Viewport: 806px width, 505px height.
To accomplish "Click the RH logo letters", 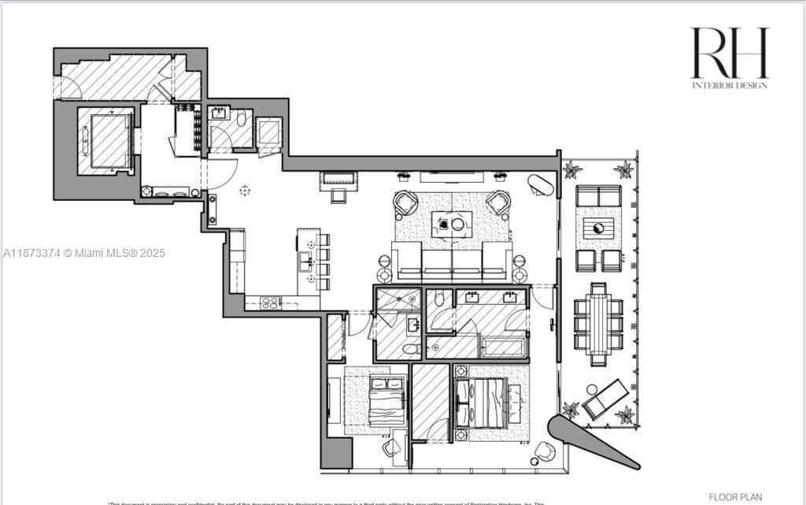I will tap(729, 53).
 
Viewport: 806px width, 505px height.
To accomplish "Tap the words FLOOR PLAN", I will tap(735, 497).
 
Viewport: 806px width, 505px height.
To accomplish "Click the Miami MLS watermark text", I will tap(84, 253).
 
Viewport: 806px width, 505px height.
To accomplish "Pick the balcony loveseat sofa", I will tap(598, 195).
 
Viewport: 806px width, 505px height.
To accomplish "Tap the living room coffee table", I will tap(452, 225).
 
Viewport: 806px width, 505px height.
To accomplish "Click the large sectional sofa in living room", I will tap(452, 262).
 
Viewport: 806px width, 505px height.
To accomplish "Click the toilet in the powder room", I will tap(241, 118).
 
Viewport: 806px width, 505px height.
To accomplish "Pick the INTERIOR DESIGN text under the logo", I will tap(729, 85).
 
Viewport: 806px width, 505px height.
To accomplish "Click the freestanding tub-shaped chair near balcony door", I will tap(541, 185).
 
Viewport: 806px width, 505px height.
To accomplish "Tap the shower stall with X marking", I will tap(397, 299).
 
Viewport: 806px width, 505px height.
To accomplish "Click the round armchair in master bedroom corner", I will tap(544, 452).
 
